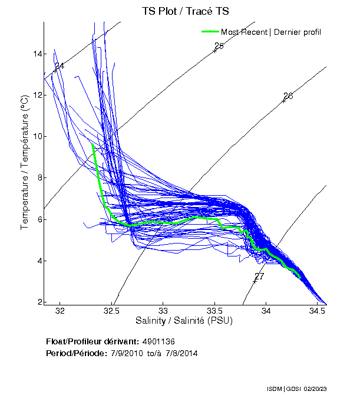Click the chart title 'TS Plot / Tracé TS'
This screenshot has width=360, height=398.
point(185,11)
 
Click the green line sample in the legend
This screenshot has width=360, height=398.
point(210,31)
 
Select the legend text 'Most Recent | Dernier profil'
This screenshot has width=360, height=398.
point(271,32)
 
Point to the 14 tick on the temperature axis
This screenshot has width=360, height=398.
point(37,54)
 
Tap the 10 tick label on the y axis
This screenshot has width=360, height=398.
point(37,137)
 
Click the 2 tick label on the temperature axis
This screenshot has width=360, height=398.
point(39,302)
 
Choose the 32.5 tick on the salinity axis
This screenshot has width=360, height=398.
point(111,311)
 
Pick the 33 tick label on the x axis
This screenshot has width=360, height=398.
point(163,311)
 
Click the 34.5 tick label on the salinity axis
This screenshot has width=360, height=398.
point(318,311)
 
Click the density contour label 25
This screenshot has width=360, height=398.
point(219,46)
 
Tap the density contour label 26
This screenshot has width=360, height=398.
point(288,96)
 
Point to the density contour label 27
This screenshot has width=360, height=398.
point(259,277)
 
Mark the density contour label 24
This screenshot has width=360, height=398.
point(59,66)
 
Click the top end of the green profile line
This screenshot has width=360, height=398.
point(93,144)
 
